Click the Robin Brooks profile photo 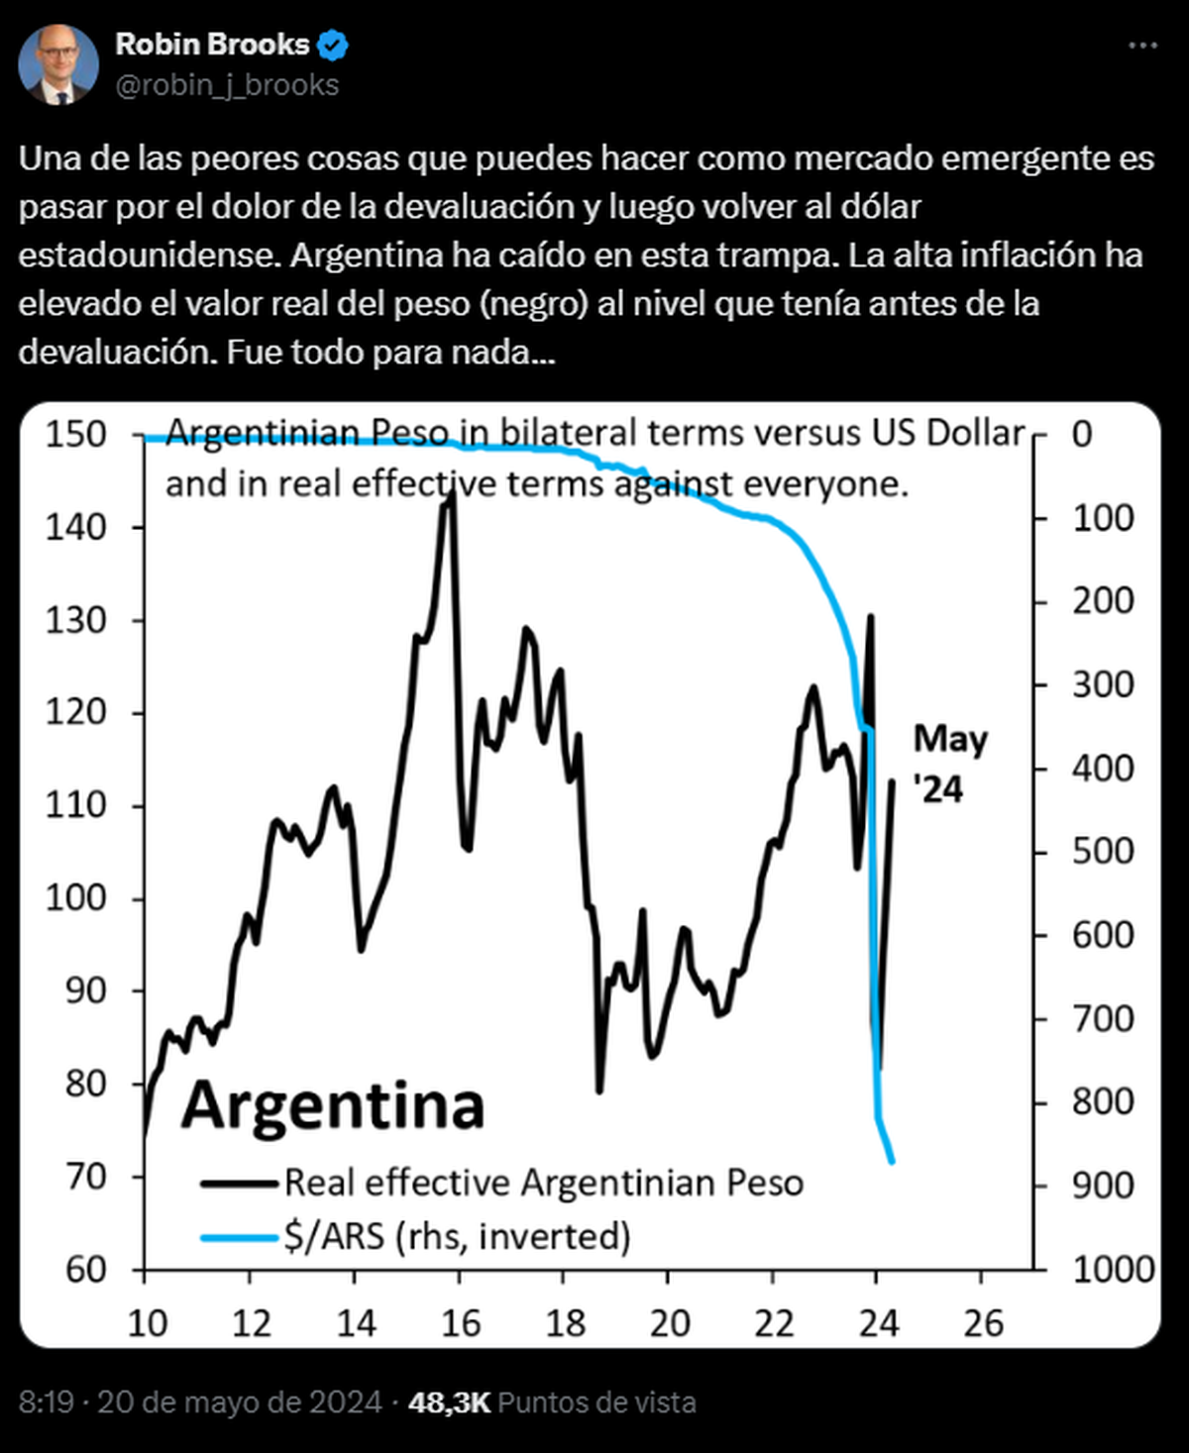58,64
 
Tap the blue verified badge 332,46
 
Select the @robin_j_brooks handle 227,86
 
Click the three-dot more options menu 1142,47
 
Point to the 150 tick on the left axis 75,434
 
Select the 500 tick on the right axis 1103,852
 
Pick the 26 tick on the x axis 983,1323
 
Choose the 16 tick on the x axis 460,1323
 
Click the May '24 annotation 949,764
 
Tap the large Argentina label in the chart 333,1105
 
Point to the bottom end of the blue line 892,1161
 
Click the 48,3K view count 449,1402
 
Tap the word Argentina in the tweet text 366,255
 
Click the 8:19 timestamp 47,1402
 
